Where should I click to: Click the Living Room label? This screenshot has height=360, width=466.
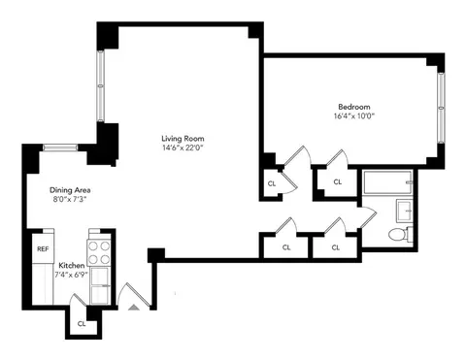183,138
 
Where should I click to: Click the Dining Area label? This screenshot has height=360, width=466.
69,190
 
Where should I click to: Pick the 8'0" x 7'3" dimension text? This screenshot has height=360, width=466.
69,200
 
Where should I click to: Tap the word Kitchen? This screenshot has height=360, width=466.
71,266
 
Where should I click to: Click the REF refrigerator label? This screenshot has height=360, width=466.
43,248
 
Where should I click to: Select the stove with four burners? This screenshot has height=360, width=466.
101,253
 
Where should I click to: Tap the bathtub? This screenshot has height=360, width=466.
385,182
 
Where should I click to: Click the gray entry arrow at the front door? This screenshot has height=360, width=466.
134,307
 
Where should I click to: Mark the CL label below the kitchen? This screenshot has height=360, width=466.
82,324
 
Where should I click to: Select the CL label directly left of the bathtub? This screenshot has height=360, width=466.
337,181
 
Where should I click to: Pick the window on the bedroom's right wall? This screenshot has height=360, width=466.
441,103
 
